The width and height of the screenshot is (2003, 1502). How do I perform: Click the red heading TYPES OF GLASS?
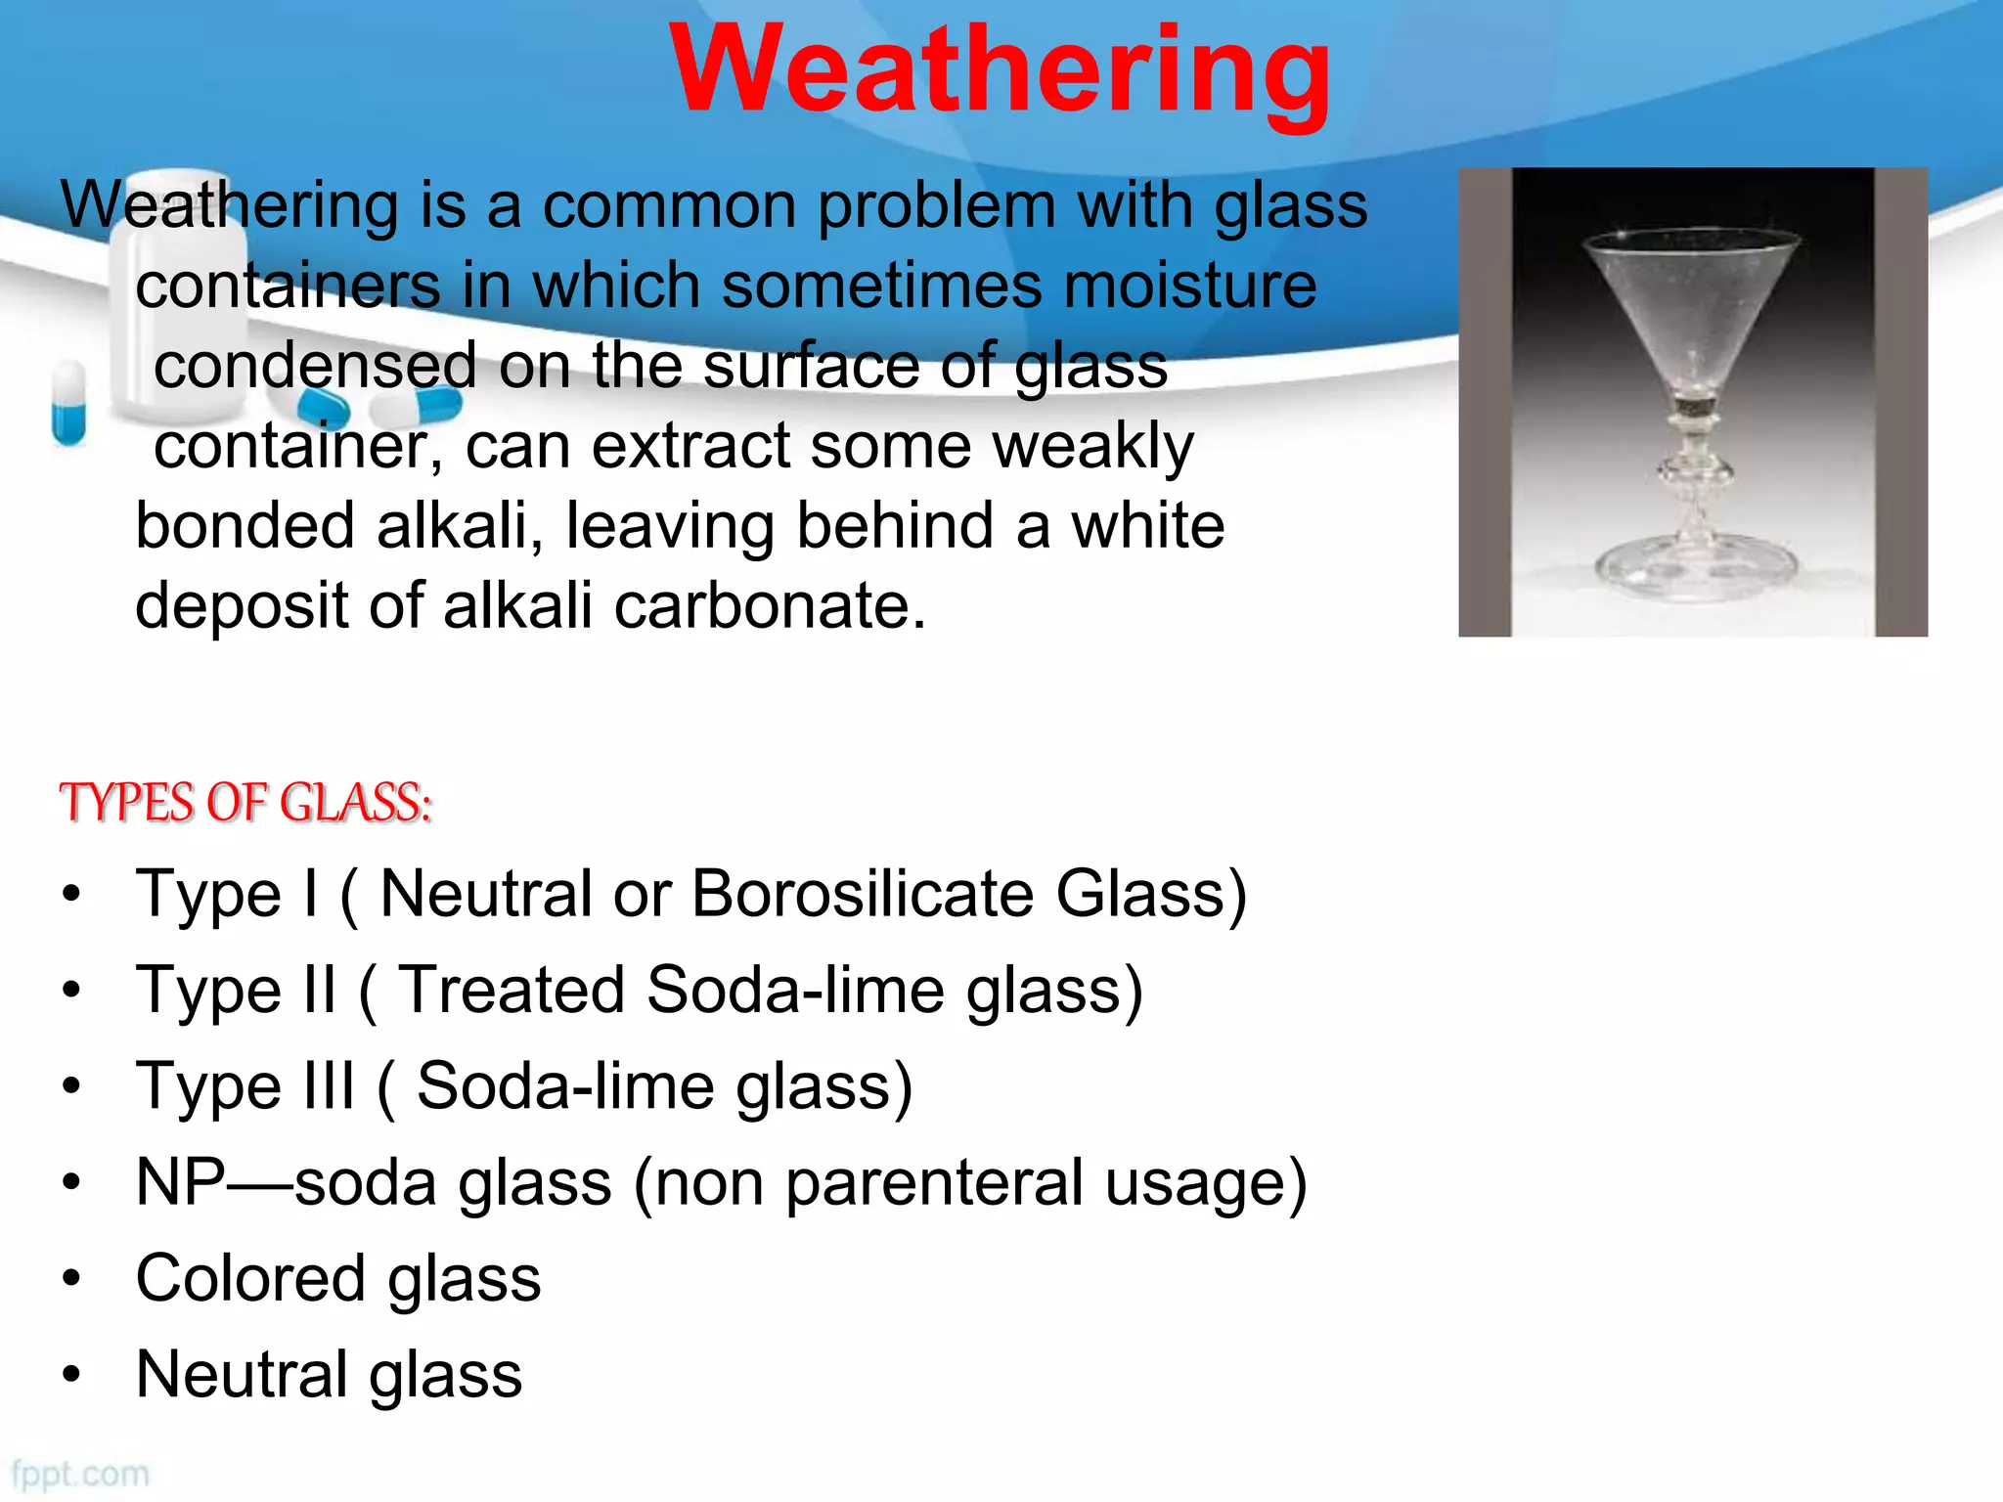pos(245,803)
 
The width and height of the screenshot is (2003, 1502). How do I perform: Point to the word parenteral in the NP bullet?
pos(934,1182)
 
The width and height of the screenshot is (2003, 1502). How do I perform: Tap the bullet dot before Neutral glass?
pos(70,1375)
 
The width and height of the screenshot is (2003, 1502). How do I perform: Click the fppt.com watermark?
pos(80,1474)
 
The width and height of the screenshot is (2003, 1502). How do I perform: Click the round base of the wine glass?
pos(1695,567)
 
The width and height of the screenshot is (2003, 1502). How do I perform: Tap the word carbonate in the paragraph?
pos(768,605)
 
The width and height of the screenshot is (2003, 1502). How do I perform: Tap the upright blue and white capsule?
pos(68,402)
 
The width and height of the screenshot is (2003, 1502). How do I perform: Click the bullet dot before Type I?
pos(70,894)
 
